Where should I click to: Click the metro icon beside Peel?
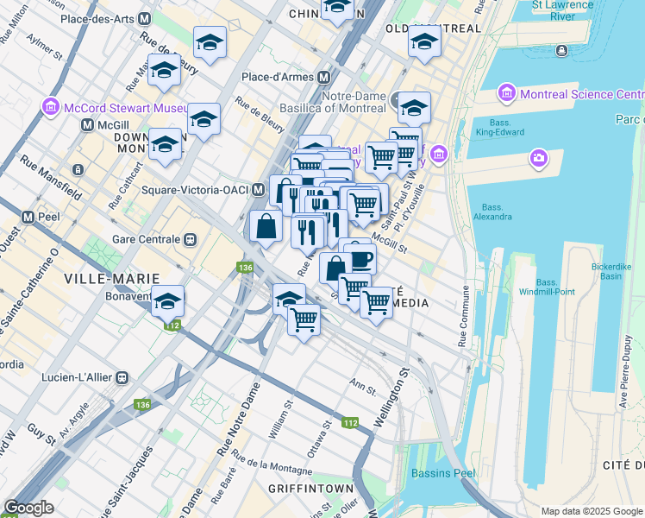[28, 217]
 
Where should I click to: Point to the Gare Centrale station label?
[146, 239]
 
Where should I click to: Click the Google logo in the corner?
[28, 508]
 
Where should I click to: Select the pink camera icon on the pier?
[539, 158]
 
